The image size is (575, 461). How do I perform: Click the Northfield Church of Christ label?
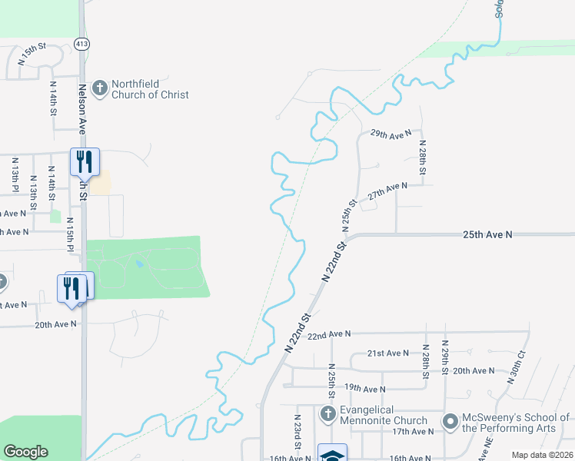pos(150,89)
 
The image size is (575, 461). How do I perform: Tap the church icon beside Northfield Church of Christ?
pos(99,88)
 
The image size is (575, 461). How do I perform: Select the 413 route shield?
pos(81,44)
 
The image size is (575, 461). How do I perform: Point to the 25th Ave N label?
pos(487,234)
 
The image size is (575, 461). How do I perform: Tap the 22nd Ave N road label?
pos(328,334)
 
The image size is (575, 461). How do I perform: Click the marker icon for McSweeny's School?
pos(450,421)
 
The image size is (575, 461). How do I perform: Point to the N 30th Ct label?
pos(515,367)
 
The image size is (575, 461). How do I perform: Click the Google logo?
pos(25,452)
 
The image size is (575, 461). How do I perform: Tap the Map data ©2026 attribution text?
pos(542,455)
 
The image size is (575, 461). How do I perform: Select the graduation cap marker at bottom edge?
pos(332,453)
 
